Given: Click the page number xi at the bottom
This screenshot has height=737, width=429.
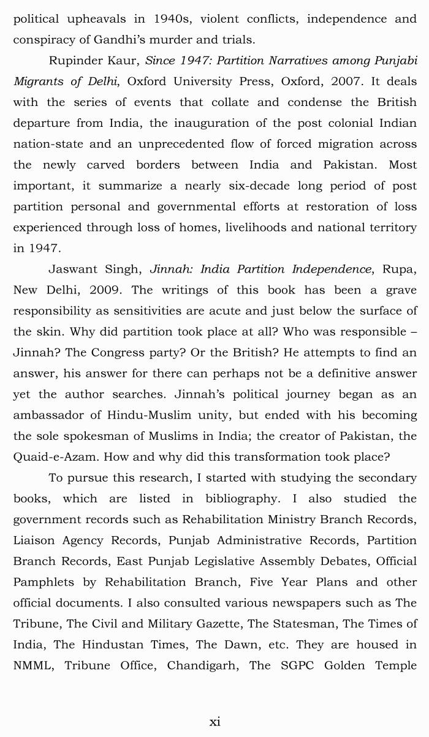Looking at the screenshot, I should point(214,722).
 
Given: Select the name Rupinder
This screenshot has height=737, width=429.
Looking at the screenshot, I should point(75,61).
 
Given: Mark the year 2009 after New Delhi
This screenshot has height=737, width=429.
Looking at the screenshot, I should point(106,290).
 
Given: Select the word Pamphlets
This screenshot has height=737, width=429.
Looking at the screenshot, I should point(45,581).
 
